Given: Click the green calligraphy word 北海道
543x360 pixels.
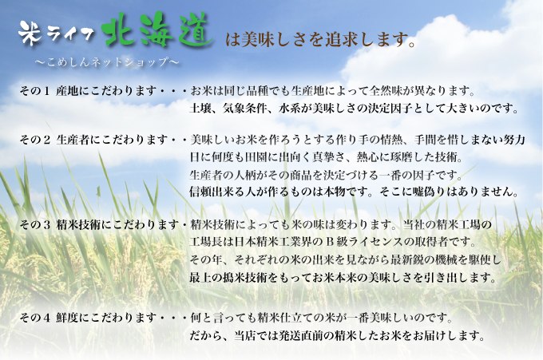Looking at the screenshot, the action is [157, 30].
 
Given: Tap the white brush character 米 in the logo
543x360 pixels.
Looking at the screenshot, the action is [30, 33].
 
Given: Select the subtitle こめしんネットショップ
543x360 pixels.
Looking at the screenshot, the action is [107, 62].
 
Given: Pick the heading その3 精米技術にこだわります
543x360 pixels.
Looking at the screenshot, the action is [99, 225].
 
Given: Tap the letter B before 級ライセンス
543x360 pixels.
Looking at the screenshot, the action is [329, 242].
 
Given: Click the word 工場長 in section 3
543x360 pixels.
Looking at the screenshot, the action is [206, 242].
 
